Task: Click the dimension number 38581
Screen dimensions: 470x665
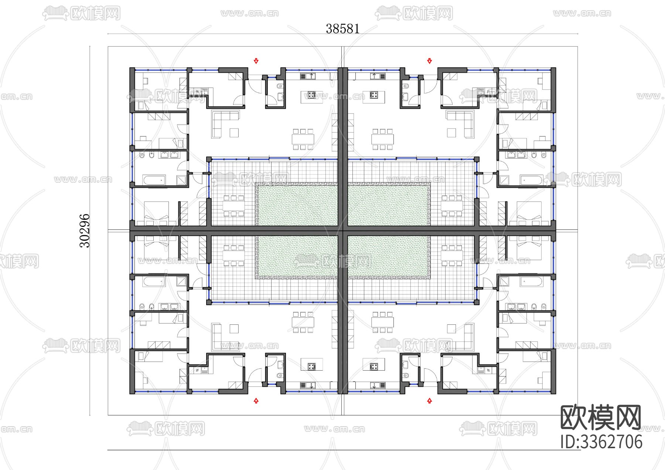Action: pyautogui.click(x=342, y=29)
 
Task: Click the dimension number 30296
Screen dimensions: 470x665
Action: pyautogui.click(x=85, y=231)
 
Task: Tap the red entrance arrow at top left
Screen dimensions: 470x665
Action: pyautogui.click(x=256, y=61)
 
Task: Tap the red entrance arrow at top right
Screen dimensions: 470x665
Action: pyautogui.click(x=429, y=61)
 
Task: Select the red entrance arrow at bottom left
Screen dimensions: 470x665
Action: pyautogui.click(x=256, y=400)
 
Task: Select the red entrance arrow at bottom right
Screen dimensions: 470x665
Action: pyautogui.click(x=429, y=400)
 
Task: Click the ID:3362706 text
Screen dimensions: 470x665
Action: pyautogui.click(x=601, y=442)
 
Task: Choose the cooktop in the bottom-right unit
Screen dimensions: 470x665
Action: pyautogui.click(x=374, y=367)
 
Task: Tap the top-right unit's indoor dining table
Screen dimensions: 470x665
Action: pyautogui.click(x=382, y=139)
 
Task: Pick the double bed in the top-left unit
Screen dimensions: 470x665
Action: pyautogui.click(x=156, y=213)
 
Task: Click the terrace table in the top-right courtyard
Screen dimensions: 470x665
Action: pyautogui.click(x=451, y=205)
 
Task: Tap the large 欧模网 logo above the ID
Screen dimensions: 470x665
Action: pyautogui.click(x=601, y=418)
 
